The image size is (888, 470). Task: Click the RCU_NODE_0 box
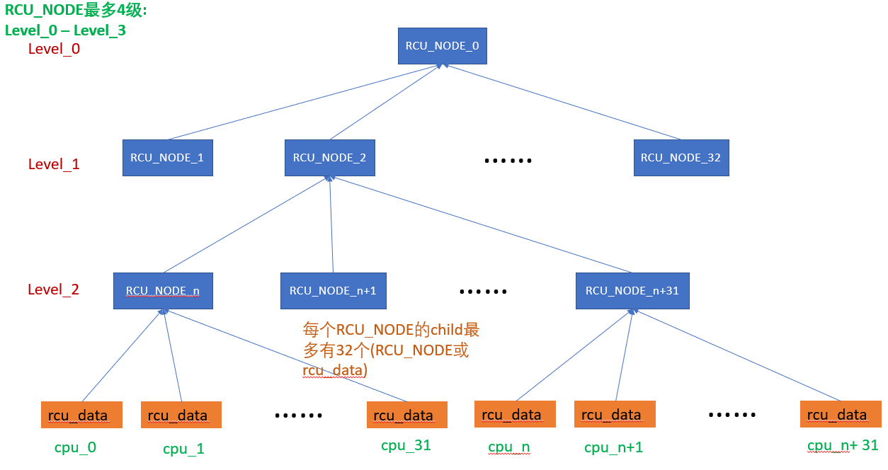[442, 46]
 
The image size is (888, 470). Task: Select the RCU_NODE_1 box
[167, 158]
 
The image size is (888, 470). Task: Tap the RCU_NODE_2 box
[329, 158]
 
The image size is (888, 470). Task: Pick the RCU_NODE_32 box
[681, 158]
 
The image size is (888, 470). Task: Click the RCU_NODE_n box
[163, 290]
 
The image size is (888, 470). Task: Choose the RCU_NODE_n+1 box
[333, 290]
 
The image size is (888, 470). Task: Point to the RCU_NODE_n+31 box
[632, 290]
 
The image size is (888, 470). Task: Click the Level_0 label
[54, 49]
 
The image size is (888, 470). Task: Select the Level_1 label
[54, 164]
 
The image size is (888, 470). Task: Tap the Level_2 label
[54, 290]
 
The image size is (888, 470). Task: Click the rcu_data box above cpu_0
[81, 415]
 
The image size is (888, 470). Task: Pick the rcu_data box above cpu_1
[181, 415]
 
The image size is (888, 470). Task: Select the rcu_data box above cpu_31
[406, 415]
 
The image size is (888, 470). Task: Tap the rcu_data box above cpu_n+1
[615, 414]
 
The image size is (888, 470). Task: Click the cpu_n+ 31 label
[843, 446]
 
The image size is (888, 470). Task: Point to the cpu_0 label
[75, 447]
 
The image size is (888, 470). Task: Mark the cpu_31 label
[406, 445]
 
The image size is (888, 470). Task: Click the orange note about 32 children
[391, 350]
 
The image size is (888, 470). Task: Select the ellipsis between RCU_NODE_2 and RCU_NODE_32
[508, 161]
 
